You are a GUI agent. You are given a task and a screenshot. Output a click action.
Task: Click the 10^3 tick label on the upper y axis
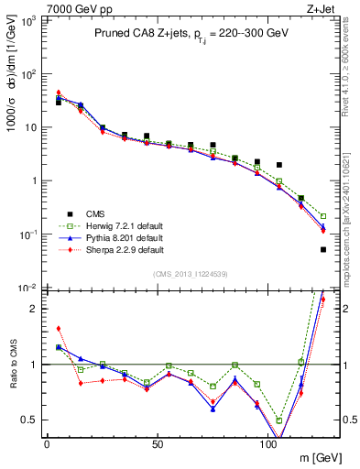(27, 20)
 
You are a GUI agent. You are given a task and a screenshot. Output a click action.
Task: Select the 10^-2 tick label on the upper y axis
(27, 288)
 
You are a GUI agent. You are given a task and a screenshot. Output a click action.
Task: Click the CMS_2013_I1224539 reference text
(191, 274)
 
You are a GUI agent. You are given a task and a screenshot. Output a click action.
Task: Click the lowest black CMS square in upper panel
(323, 249)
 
